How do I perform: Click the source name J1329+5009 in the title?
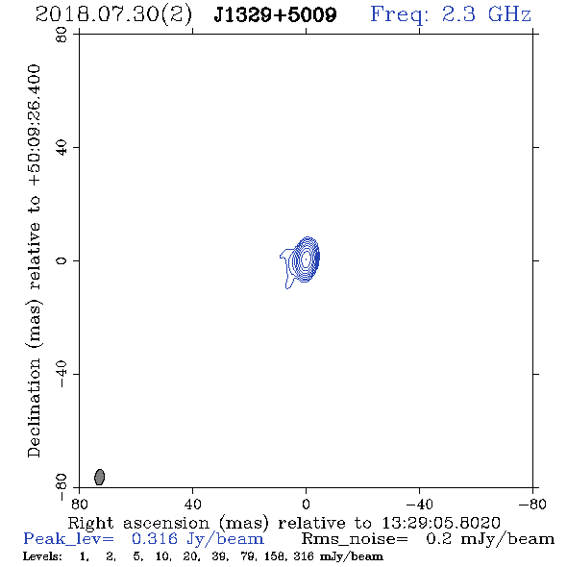pyautogui.click(x=275, y=14)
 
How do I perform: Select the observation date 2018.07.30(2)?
pyautogui.click(x=113, y=15)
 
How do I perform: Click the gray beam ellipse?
pyautogui.click(x=99, y=477)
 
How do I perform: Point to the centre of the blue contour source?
pyautogui.click(x=306, y=259)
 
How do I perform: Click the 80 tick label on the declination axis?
pyautogui.click(x=62, y=35)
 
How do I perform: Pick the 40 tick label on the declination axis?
pyautogui.click(x=62, y=148)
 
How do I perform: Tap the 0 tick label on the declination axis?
pyautogui.click(x=62, y=260)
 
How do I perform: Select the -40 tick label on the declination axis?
pyautogui.click(x=62, y=374)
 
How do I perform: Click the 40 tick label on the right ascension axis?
pyautogui.click(x=192, y=505)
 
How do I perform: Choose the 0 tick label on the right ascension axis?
pyautogui.click(x=306, y=505)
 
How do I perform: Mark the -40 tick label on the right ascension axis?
pyautogui.click(x=419, y=505)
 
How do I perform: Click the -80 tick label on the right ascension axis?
pyautogui.click(x=532, y=505)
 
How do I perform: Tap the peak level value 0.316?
pyautogui.click(x=155, y=539)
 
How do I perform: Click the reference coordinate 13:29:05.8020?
pyautogui.click(x=441, y=523)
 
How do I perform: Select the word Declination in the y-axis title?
pyautogui.click(x=34, y=408)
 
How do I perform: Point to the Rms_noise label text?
pyautogui.click(x=355, y=539)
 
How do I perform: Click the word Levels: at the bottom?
pyautogui.click(x=42, y=556)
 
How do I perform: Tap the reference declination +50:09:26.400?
pyautogui.click(x=34, y=126)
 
